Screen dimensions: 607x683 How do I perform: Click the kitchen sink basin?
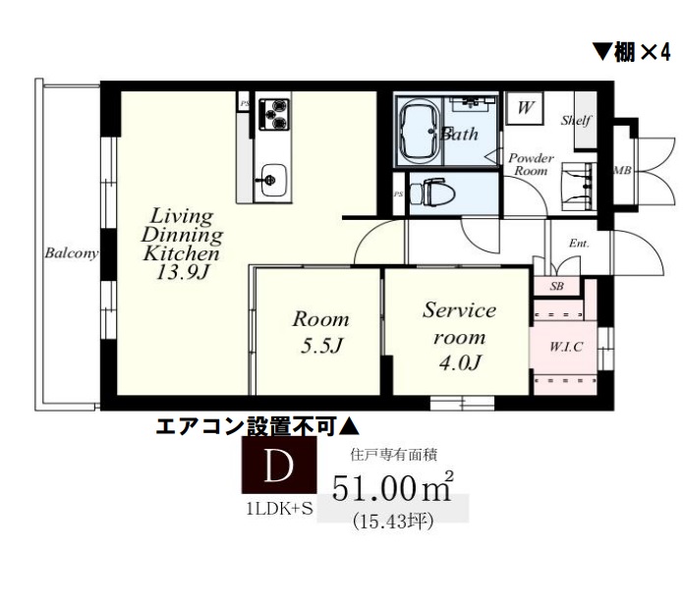(x=270, y=180)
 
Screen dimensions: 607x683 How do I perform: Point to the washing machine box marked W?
(x=526, y=108)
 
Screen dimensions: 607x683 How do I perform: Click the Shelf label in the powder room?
(x=575, y=121)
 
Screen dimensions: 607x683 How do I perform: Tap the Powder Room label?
(x=532, y=164)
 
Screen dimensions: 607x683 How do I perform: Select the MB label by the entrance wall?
(x=621, y=171)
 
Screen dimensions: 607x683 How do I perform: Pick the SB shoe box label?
(x=557, y=286)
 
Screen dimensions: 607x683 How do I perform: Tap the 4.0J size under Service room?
(x=459, y=363)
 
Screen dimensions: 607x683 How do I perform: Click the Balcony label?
(x=71, y=253)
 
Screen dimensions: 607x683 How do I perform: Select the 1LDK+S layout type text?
(x=278, y=508)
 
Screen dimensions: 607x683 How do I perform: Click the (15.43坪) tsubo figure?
(x=393, y=521)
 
